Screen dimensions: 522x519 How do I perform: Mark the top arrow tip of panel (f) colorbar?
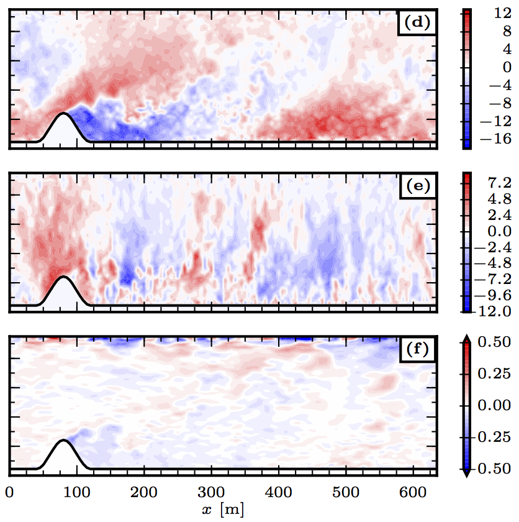[467, 336]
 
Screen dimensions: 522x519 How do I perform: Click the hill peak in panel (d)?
[63, 113]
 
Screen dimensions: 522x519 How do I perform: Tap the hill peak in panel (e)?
[63, 276]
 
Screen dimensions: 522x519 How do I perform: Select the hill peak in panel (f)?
[63, 440]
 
